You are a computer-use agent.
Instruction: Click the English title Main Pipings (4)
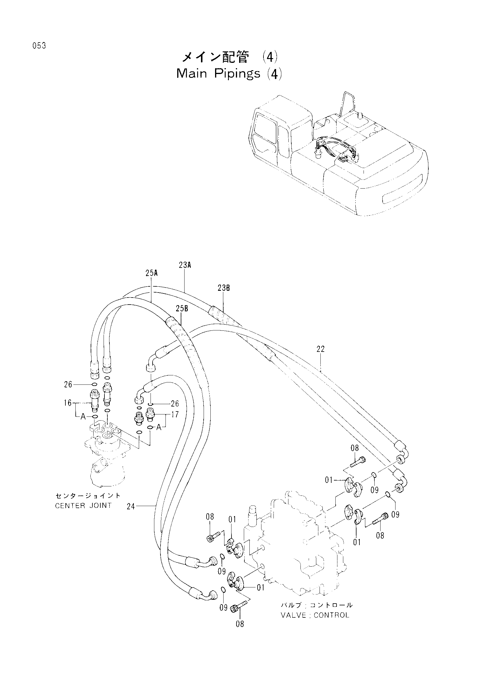pos(229,74)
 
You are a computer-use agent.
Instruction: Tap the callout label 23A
pos(185,265)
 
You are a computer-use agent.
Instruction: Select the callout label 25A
pos(151,273)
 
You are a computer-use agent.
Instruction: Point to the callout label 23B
pos(224,288)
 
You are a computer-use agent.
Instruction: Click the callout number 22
pos(320,349)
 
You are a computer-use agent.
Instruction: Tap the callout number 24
pos(131,506)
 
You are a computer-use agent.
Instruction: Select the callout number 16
pos(68,403)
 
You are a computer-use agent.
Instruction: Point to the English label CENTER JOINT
pos(83,505)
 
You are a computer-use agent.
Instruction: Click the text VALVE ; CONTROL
pos(315,615)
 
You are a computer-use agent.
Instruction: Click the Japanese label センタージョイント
pos(88,496)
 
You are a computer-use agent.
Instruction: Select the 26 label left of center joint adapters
pos(68,384)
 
